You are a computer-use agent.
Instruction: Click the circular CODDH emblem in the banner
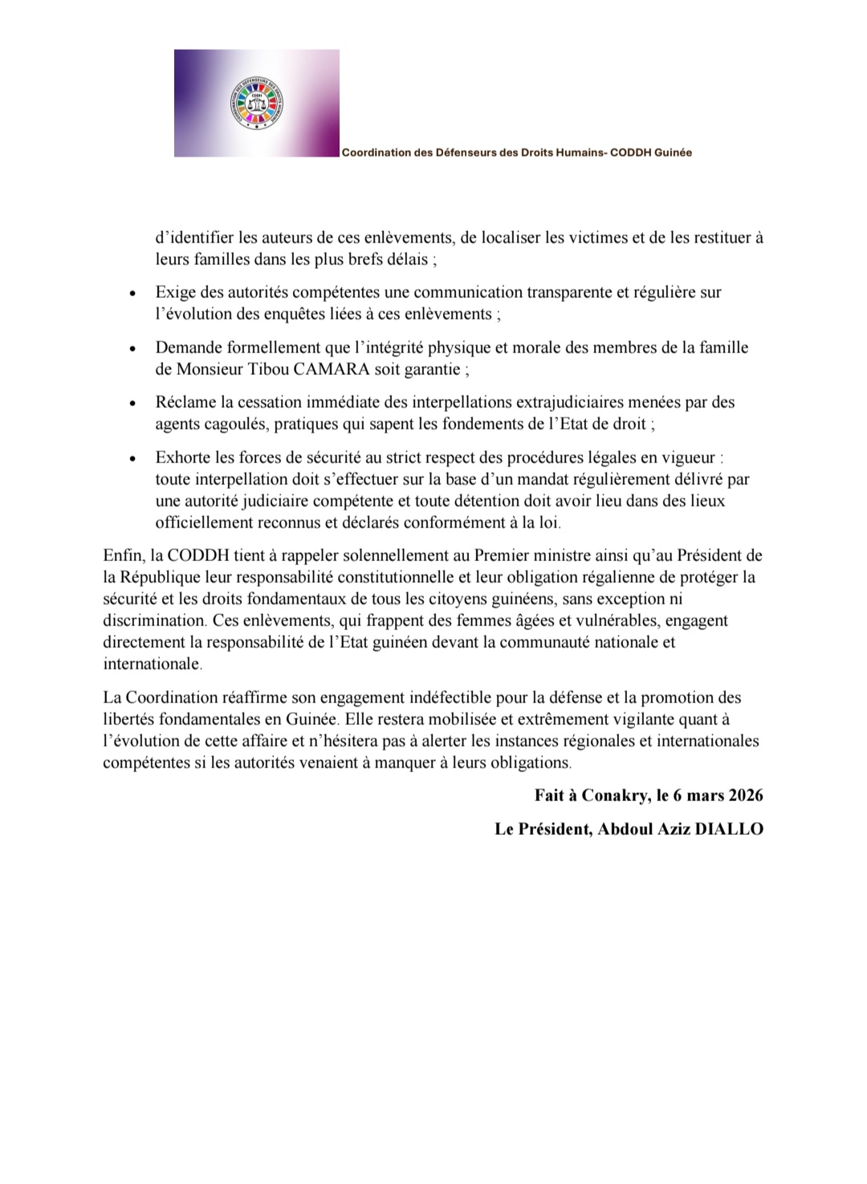tap(257, 104)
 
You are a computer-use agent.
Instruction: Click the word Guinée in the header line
tap(673, 153)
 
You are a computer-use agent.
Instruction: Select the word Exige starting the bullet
tap(174, 292)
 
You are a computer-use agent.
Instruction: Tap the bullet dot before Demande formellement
tap(132, 349)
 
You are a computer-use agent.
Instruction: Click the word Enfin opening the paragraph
tap(121, 555)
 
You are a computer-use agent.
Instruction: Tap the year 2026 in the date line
tap(746, 795)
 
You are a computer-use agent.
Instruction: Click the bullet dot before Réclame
tap(132, 404)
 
